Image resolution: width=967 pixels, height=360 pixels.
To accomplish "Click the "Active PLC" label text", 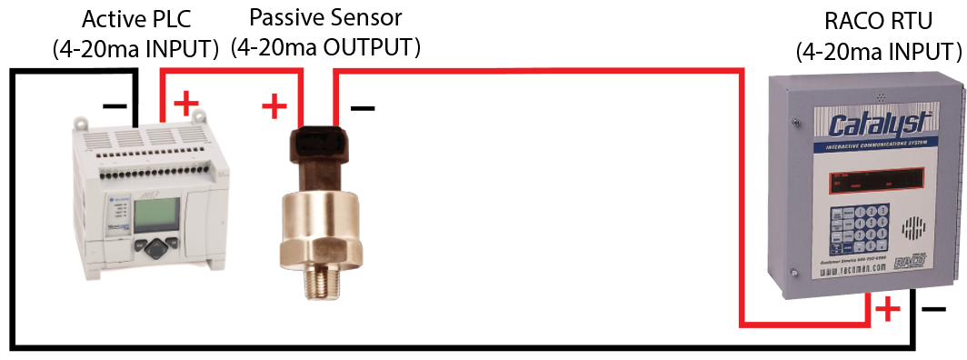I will pos(135,19).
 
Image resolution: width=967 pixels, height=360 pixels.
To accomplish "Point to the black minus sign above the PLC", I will pos(115,106).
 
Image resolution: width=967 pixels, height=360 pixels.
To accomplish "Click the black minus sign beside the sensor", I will pos(362,110).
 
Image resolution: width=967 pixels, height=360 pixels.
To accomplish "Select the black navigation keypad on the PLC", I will pos(158,246).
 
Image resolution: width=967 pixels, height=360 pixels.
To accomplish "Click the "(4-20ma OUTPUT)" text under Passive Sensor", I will pos(325,46).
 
